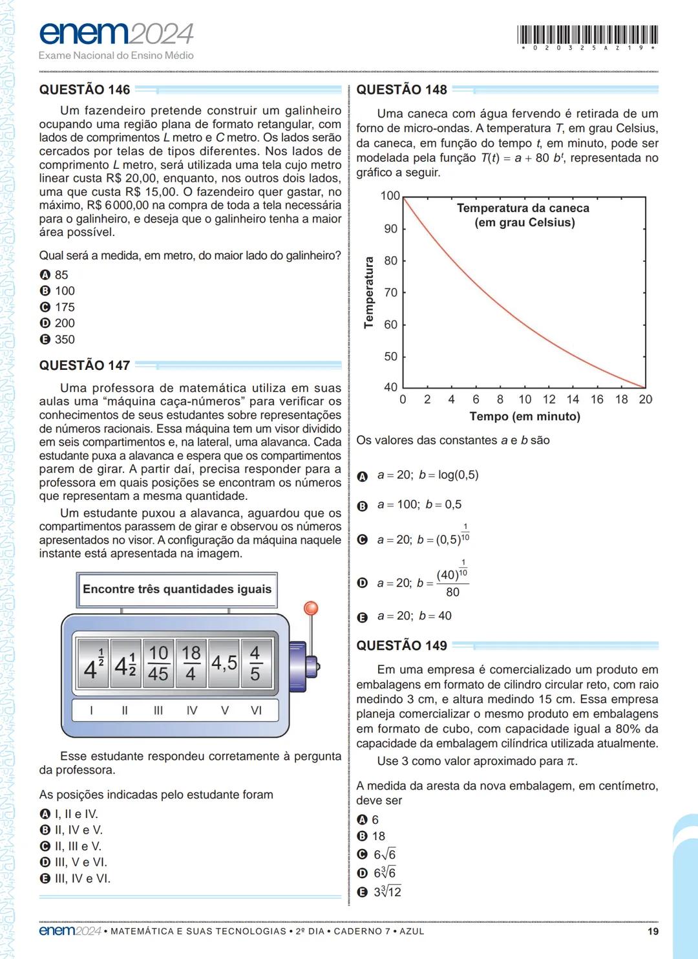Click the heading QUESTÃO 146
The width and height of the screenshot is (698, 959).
[85, 90]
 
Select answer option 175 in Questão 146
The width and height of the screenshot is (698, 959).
[58, 307]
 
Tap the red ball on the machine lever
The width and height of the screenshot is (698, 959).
[311, 608]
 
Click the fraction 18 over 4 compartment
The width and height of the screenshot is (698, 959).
[191, 663]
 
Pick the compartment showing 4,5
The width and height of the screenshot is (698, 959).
[224, 663]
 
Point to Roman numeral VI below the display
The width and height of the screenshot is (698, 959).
[256, 710]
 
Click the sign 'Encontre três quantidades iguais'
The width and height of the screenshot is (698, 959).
[177, 589]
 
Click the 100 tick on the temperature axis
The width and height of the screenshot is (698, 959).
[390, 196]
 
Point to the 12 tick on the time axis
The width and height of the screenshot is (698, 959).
[549, 400]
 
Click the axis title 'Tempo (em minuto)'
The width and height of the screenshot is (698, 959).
[524, 416]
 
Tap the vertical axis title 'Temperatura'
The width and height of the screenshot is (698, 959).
[369, 292]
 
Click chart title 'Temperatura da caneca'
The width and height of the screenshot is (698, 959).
[523, 208]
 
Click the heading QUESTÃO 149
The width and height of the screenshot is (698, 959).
[401, 645]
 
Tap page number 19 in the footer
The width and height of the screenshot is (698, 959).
[652, 931]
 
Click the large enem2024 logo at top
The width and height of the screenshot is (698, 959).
[116, 34]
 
